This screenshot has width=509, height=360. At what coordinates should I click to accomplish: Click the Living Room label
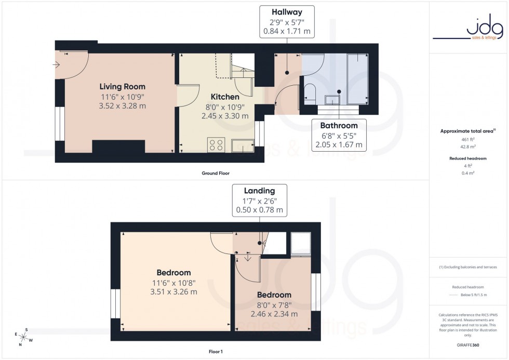123,87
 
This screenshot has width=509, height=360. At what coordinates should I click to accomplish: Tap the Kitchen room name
225,97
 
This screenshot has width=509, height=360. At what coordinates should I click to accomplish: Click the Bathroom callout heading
339,125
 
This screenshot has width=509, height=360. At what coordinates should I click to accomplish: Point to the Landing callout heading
258,191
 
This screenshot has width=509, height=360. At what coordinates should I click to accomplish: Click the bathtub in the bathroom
357,78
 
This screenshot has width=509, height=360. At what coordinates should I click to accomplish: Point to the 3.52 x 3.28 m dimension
123,106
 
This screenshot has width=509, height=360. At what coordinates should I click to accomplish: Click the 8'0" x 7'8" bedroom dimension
274,305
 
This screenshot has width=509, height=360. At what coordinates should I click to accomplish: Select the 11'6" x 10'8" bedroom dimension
173,283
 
